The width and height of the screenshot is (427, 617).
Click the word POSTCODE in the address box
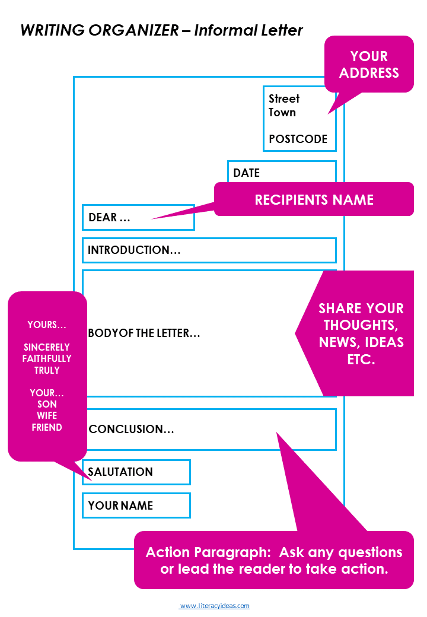point(298,139)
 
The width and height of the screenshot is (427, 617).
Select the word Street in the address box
point(284,98)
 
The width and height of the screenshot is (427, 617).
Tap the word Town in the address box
point(282,112)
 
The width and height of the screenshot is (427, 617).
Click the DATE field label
point(246,173)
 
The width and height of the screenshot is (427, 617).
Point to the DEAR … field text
point(109,217)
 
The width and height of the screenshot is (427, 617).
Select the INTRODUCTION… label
point(134,250)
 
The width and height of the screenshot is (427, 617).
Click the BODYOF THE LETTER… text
point(144,333)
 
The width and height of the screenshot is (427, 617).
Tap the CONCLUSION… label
point(131,429)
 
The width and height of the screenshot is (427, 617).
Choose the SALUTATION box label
point(120,472)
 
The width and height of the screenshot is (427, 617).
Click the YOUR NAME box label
point(120,505)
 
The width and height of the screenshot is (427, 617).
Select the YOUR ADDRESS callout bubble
point(369,64)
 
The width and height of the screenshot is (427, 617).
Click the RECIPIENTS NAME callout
point(314,199)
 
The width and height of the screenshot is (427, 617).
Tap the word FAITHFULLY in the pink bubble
point(47,358)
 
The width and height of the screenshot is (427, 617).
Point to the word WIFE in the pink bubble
point(47,416)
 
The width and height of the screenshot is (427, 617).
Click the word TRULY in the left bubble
point(47,370)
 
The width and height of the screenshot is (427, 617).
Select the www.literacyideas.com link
point(214,606)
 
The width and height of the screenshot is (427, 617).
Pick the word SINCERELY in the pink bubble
point(47,347)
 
